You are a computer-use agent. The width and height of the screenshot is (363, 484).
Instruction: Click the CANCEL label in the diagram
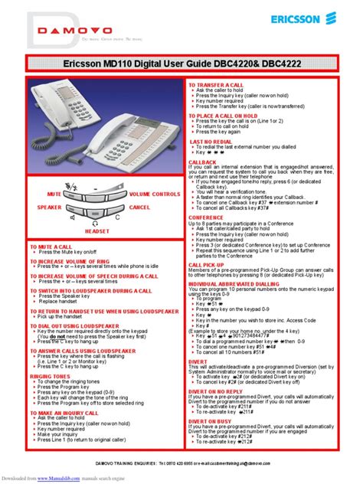tap(141, 208)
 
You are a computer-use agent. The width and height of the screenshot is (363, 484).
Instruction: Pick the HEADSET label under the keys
tap(97, 230)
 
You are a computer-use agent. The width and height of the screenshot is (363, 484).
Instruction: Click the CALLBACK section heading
tap(203, 162)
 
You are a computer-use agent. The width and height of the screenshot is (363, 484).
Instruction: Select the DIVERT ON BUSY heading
tap(212, 420)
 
